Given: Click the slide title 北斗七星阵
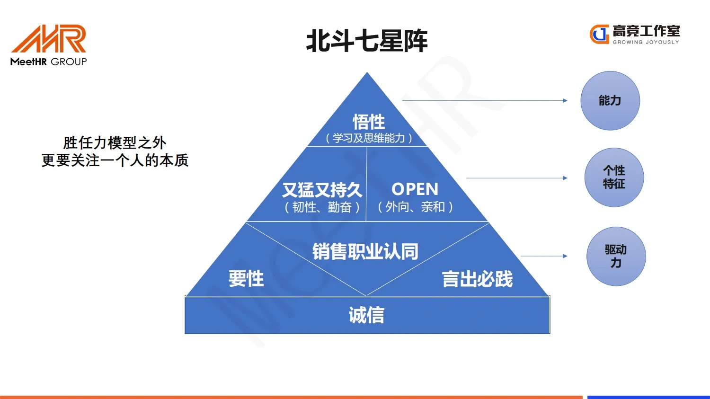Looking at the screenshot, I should tap(367, 41).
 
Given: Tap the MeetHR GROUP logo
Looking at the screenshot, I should tap(49, 45).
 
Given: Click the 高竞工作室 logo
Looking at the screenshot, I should tap(634, 34).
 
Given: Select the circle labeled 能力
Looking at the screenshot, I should tap(610, 101).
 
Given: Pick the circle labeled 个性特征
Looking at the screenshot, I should tap(614, 177).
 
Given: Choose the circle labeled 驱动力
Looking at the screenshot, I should tap(616, 257).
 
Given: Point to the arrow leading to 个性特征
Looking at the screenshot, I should tap(516, 178).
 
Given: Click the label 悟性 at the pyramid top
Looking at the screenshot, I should tap(369, 122).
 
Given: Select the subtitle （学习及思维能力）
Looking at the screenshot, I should tap(369, 138).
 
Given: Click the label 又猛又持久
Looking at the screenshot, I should tap(322, 190).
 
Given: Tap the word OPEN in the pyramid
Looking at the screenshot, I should tap(415, 189).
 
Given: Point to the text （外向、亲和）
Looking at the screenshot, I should tap(415, 207).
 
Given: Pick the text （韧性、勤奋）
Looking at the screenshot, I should tap(322, 207).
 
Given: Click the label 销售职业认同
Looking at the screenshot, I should tap(365, 252).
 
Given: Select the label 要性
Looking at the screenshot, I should tap(246, 278).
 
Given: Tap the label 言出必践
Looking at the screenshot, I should tap(477, 279).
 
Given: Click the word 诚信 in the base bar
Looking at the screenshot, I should tap(367, 315).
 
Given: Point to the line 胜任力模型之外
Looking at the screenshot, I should tap(115, 142).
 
